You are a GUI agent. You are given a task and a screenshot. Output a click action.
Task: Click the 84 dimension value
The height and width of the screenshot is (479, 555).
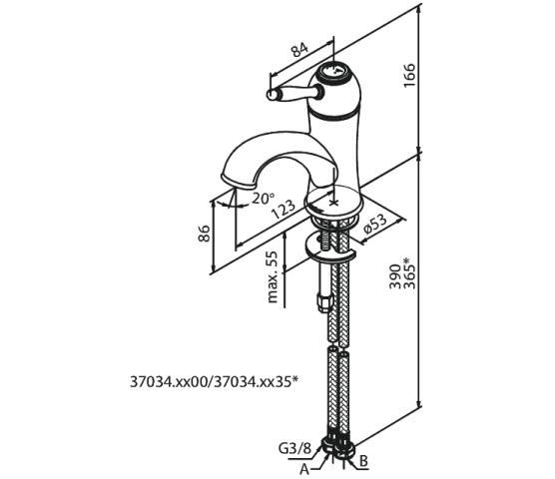[x=299, y=50]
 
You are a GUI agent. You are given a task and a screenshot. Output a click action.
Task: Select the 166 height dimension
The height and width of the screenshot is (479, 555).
[x=409, y=75]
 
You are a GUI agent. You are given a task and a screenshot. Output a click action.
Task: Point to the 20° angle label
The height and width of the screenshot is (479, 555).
[x=263, y=198]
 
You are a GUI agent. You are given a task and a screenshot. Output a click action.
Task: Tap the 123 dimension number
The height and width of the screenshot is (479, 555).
[x=283, y=210]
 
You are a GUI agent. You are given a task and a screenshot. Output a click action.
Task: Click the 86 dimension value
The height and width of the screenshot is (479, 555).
[x=204, y=234]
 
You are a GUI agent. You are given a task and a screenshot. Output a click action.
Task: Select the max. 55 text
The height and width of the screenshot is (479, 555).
[x=272, y=277]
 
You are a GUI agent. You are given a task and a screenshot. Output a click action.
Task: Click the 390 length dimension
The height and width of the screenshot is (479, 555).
[x=395, y=276]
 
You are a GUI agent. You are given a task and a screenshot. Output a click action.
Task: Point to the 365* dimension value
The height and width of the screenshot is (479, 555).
[x=409, y=272]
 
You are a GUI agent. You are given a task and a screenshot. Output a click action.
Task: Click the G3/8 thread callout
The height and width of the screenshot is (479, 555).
[x=294, y=449]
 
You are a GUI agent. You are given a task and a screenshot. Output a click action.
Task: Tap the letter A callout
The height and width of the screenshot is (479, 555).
[x=304, y=469]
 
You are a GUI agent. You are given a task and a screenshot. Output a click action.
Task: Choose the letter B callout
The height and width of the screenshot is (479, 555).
[x=363, y=461]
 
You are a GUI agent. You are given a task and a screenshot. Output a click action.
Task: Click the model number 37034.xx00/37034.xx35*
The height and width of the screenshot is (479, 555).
[x=215, y=382]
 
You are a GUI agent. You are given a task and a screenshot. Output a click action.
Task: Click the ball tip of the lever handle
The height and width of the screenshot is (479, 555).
[x=272, y=94]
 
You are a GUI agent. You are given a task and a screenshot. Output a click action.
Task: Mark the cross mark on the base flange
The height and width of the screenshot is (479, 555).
[x=333, y=203]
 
